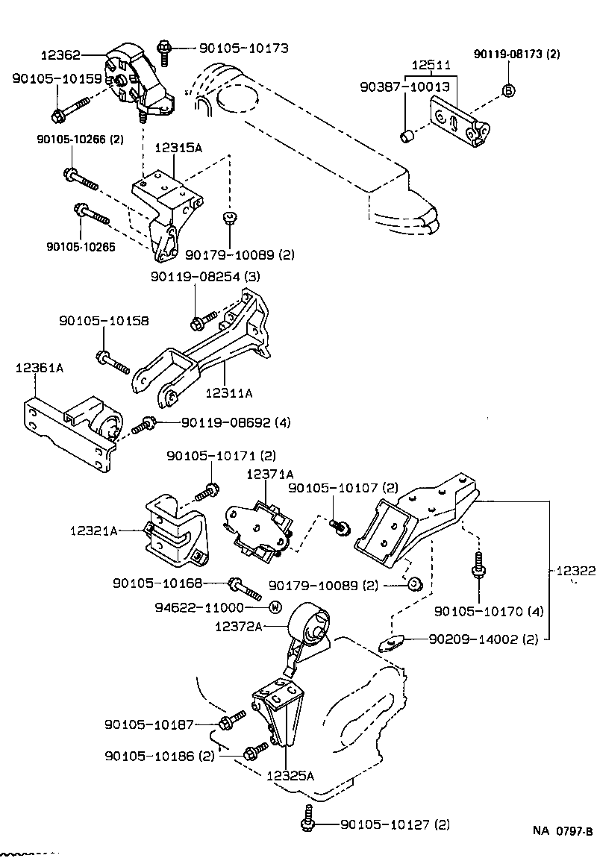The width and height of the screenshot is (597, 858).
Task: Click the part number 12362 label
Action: (x=61, y=54)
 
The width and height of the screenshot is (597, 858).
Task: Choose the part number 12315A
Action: (x=178, y=148)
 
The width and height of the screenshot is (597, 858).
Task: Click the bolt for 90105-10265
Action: (x=90, y=216)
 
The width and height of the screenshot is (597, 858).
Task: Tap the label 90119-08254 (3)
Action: (x=204, y=277)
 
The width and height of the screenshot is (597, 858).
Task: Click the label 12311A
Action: (x=228, y=392)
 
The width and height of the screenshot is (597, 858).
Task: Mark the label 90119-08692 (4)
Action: (x=235, y=422)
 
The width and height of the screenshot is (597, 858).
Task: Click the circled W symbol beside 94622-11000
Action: (x=274, y=607)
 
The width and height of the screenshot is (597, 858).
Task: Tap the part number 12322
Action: (x=575, y=571)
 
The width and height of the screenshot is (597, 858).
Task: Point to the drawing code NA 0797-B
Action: (x=562, y=831)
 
